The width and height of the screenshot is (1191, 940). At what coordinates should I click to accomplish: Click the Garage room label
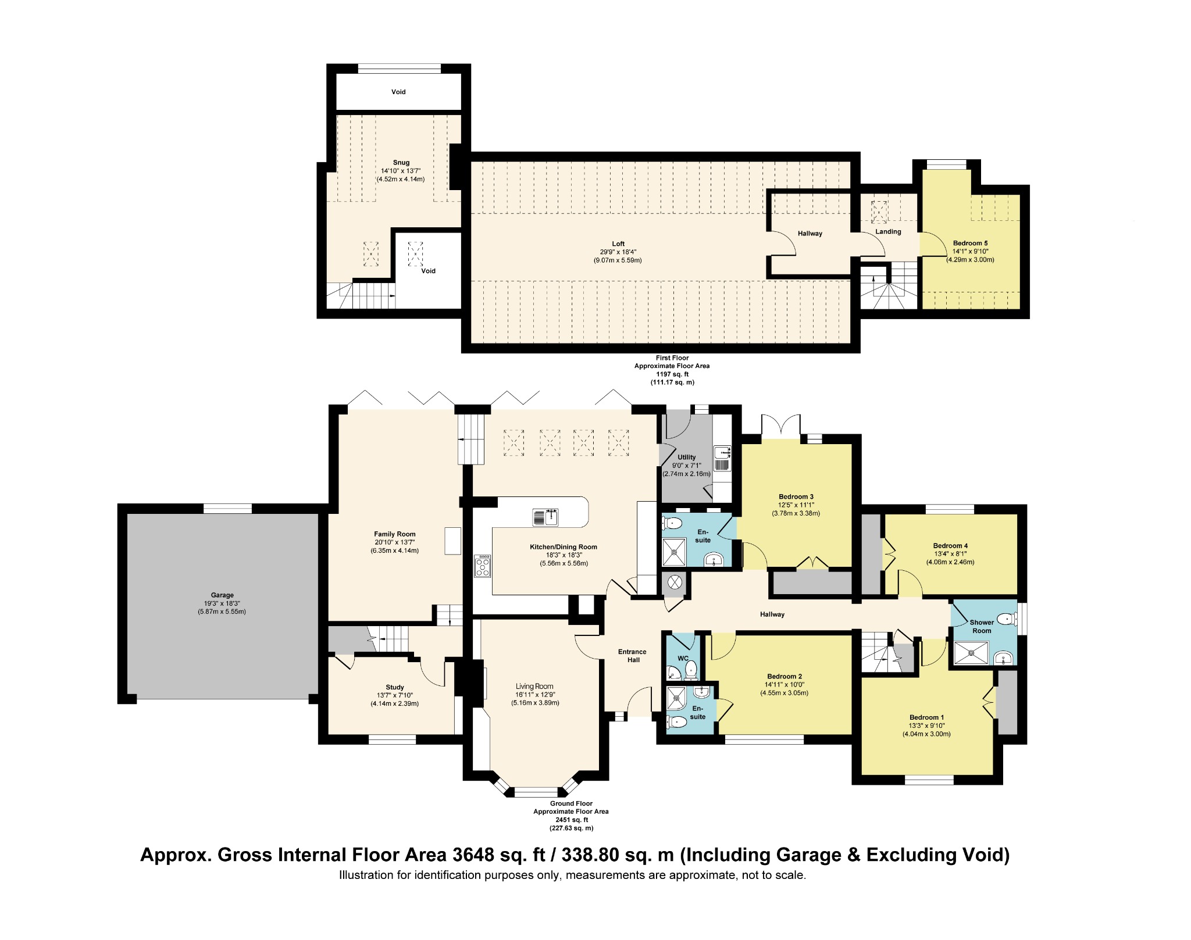pyautogui.click(x=222, y=595)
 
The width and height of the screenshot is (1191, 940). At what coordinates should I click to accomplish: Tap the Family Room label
pyautogui.click(x=394, y=534)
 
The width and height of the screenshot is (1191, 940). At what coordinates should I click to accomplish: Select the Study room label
pyautogui.click(x=394, y=687)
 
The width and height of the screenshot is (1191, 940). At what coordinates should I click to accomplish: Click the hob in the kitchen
pyautogui.click(x=483, y=566)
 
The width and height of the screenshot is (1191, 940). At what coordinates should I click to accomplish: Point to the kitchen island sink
pyautogui.click(x=545, y=517)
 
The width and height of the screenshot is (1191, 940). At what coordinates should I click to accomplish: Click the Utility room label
pyautogui.click(x=686, y=457)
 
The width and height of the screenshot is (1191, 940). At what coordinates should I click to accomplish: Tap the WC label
pyautogui.click(x=683, y=659)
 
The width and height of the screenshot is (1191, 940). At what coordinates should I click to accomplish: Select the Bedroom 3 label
pyautogui.click(x=796, y=496)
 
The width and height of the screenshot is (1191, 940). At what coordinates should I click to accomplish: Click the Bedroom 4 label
pyautogui.click(x=950, y=545)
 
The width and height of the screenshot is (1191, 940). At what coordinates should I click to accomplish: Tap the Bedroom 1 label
pyautogui.click(x=926, y=717)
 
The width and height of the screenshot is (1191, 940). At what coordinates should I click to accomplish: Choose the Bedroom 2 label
pyautogui.click(x=785, y=676)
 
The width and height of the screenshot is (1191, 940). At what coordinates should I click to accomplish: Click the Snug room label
pyautogui.click(x=401, y=163)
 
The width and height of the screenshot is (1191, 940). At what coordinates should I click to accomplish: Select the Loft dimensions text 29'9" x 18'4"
pyautogui.click(x=618, y=252)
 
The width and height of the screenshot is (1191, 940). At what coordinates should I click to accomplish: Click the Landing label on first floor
pyautogui.click(x=888, y=231)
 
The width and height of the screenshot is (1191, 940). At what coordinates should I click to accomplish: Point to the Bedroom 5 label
pyautogui.click(x=970, y=243)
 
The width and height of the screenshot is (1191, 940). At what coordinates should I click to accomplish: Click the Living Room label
pyautogui.click(x=534, y=687)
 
